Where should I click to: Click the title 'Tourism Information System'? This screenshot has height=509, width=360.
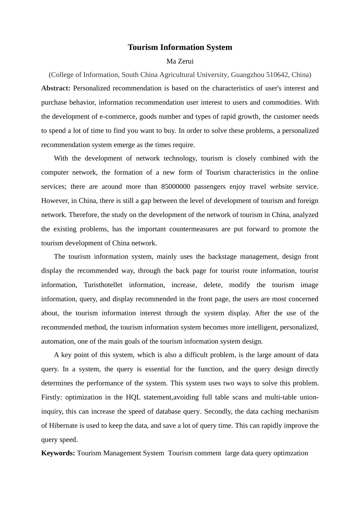180,47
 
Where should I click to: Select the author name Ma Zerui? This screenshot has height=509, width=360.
180,61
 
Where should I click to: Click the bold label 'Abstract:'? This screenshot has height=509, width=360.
56,88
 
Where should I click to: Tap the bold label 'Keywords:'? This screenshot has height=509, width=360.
58,453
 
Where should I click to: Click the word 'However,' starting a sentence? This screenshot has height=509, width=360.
54,201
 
